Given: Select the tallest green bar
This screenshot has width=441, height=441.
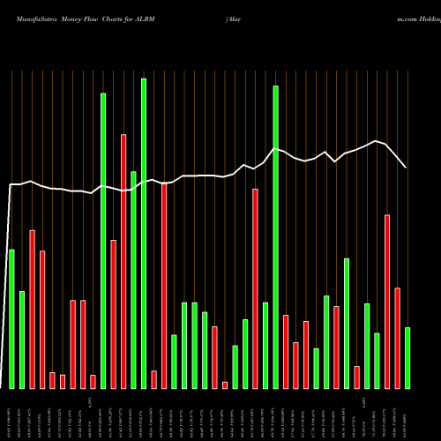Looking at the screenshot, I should point(144,234).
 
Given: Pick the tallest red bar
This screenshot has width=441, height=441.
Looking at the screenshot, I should point(123,261).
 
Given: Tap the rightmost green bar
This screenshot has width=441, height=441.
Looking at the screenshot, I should point(407,358).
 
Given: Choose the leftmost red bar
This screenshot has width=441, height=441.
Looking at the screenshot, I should point(32,310).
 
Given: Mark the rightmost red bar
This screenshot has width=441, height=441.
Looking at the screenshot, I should point(397,338).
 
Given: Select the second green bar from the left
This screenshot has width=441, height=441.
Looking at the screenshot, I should point(22,340).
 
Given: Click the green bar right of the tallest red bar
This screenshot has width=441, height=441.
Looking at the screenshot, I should point(133,280).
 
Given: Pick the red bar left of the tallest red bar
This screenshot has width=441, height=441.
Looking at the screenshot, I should point(113,314).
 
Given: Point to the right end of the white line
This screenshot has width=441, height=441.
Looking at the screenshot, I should point(406,168).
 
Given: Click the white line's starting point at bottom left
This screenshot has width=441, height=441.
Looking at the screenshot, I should point(3,387).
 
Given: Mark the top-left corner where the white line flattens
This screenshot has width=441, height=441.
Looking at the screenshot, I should point(11,184).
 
